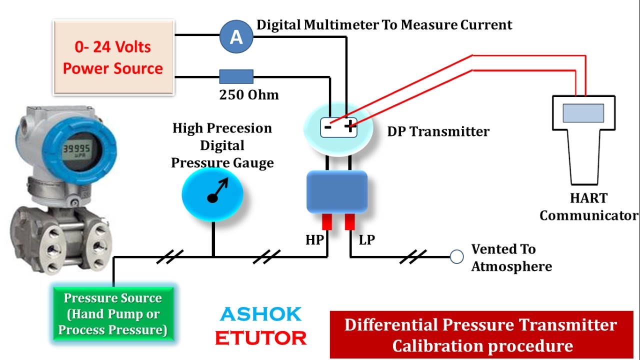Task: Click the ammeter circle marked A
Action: point(236,36)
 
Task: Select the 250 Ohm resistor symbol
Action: point(236,76)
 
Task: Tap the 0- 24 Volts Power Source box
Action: point(113,57)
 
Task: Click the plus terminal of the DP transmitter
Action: point(350,127)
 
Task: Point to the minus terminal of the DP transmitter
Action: point(328,127)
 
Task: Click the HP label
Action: point(314,240)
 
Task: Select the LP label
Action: point(366,240)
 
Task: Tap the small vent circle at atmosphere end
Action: point(456,257)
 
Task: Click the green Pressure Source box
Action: point(113,314)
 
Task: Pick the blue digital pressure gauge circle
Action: point(212,192)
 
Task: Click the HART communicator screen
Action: point(583,113)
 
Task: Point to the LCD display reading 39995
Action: point(76,148)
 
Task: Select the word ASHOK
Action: point(260,314)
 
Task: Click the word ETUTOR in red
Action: point(260,338)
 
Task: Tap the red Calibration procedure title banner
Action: point(481,334)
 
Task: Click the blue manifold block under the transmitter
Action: point(336,192)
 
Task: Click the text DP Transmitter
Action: point(438,131)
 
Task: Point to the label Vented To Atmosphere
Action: point(511,257)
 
